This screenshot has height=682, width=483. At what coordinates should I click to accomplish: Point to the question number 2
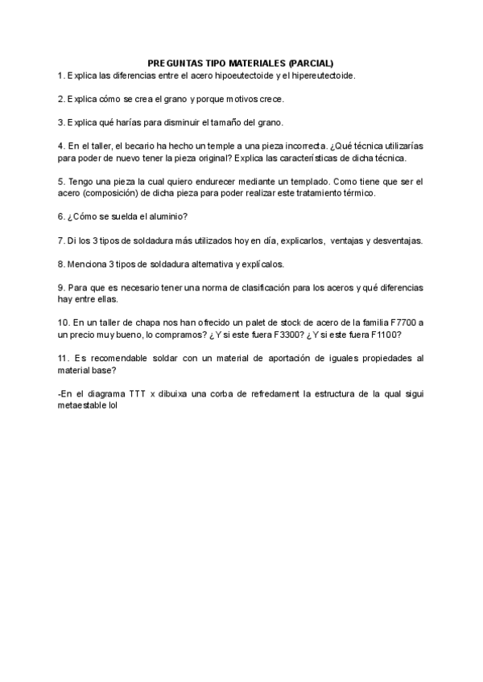click(x=61, y=99)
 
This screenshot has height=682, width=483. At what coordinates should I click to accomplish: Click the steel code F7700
click(x=400, y=323)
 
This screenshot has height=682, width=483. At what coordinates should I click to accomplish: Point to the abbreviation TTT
click(x=134, y=393)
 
